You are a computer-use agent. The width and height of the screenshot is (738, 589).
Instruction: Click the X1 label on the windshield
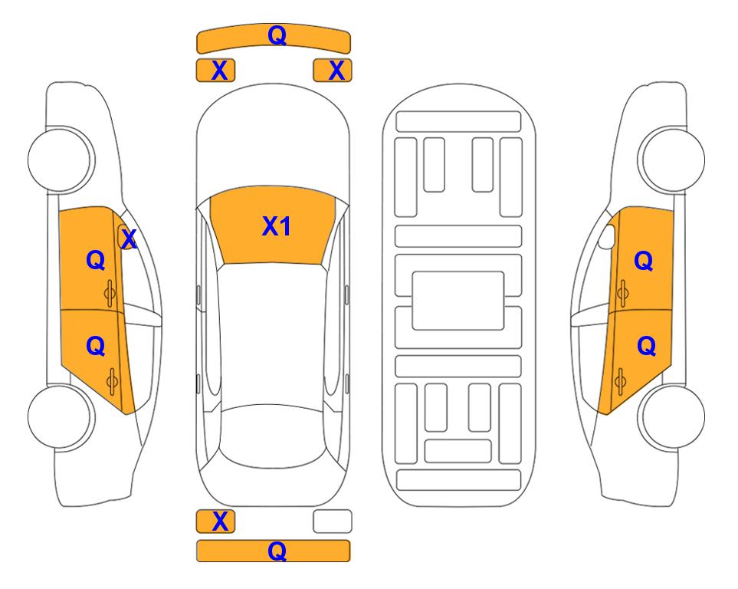click(276, 226)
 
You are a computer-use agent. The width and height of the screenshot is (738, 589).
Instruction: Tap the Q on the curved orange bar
click(277, 35)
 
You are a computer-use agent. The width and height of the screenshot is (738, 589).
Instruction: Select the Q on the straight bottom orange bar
click(277, 551)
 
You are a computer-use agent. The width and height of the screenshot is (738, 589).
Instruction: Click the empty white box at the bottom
click(333, 522)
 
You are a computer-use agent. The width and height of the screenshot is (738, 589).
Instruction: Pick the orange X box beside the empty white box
click(215, 522)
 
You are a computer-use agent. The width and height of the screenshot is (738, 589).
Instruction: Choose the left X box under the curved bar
click(215, 71)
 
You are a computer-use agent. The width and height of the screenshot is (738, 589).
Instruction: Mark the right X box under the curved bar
click(333, 71)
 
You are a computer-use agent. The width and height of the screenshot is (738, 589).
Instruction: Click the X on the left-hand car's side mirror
click(129, 239)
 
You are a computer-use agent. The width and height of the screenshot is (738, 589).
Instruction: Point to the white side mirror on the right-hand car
click(607, 236)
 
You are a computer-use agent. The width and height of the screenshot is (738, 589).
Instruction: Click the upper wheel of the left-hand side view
click(61, 160)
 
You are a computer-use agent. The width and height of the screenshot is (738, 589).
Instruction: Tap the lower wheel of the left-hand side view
click(61, 416)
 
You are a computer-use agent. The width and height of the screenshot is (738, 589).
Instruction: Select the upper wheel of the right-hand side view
click(671, 160)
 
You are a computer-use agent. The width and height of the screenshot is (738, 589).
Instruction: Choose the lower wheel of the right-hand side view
click(671, 416)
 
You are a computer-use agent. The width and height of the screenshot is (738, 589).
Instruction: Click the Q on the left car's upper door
click(96, 260)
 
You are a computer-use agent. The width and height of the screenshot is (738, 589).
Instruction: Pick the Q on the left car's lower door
click(96, 347)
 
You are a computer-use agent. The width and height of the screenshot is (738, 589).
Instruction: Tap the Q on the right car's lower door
click(646, 347)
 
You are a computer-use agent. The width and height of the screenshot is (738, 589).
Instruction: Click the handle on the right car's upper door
click(622, 293)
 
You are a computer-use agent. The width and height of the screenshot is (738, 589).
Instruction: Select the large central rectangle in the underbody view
click(458, 301)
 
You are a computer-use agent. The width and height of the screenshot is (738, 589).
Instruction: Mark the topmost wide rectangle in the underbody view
click(458, 122)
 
